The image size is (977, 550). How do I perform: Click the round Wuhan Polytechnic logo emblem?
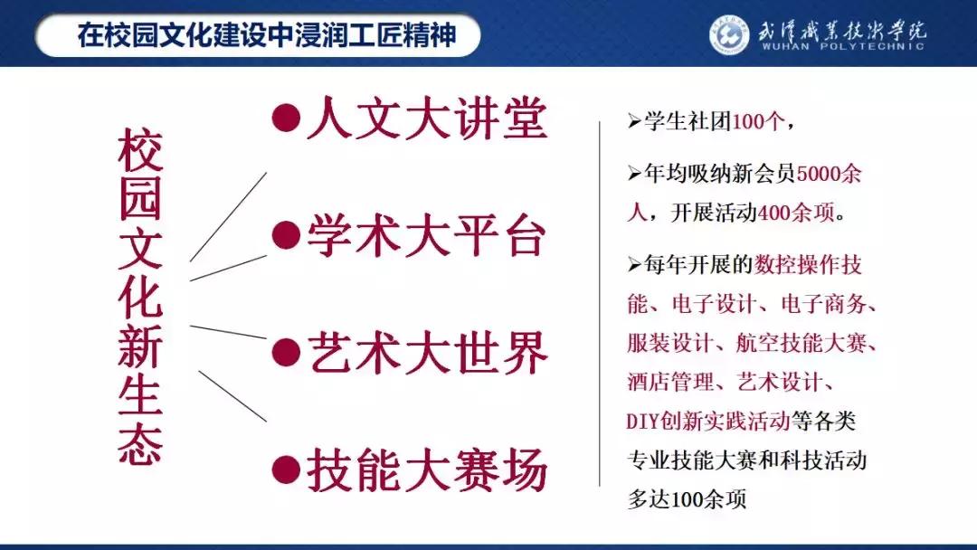click(730, 35)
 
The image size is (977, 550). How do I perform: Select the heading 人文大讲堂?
click(426, 119)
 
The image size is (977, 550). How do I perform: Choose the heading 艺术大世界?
click(426, 353)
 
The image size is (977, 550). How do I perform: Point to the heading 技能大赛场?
click(426, 470)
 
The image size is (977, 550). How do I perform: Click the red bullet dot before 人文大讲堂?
click(286, 119)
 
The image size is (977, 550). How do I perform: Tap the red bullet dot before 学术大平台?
click(286, 235)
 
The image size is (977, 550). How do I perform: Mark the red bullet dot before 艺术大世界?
click(286, 352)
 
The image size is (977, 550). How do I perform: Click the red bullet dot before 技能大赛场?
click(286, 469)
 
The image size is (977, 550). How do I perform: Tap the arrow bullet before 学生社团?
click(633, 122)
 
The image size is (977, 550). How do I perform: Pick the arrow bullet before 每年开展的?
click(633, 265)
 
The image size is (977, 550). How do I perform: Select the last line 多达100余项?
click(688, 499)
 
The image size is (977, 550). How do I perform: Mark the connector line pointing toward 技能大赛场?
click(232, 396)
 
